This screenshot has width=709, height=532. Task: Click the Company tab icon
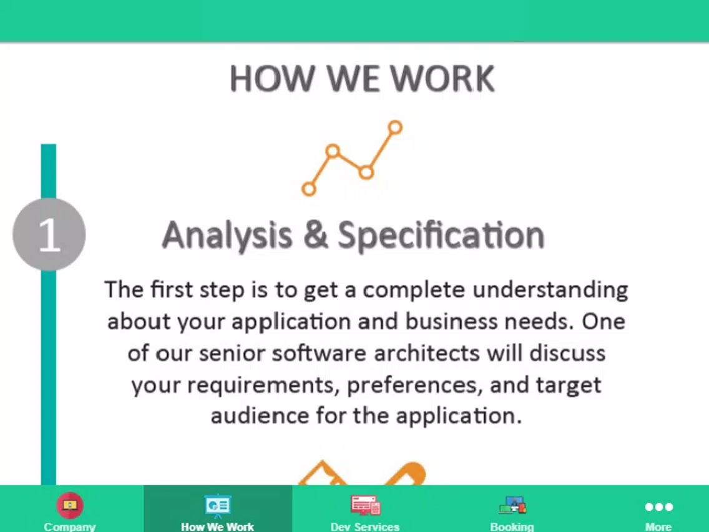70,505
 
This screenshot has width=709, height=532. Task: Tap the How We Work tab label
217,526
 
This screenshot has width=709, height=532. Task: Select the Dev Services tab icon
365,505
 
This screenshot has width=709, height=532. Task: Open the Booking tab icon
512,505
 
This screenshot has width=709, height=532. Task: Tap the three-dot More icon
659,506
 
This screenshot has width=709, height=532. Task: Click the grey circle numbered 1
49,234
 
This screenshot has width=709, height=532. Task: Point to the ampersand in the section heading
316,234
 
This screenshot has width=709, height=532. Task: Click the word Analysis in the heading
227,235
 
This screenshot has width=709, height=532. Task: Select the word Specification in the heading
441,235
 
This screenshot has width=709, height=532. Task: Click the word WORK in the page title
443,79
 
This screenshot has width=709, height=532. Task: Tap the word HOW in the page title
272,79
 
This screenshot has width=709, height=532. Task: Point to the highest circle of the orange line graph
395,127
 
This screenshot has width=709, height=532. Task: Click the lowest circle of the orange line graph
309,189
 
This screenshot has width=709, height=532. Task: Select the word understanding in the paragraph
550,290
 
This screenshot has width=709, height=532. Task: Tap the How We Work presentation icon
217,506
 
